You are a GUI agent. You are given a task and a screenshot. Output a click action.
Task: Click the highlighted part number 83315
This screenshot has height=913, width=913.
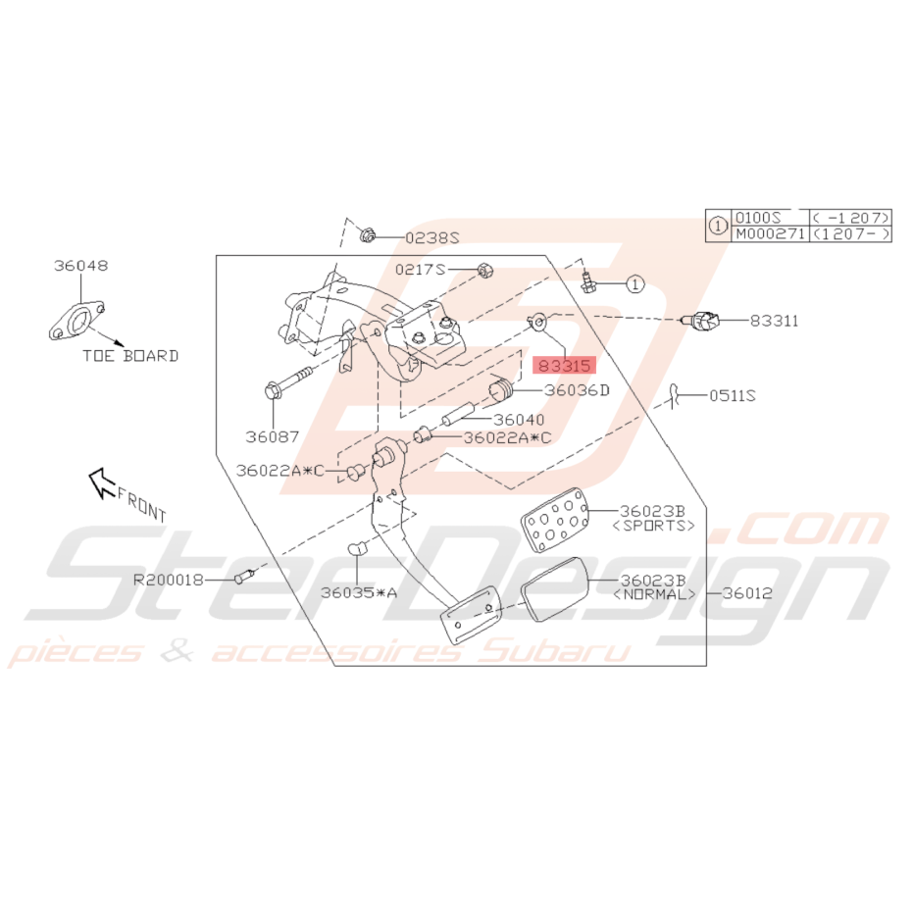pos(564,366)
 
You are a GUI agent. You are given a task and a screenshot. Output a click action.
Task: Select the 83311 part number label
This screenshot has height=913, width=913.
pos(774,321)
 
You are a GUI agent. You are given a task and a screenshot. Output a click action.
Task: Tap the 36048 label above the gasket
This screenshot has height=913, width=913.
pos(81,266)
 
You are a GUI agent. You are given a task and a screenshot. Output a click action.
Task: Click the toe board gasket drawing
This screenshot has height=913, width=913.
pos(76,321)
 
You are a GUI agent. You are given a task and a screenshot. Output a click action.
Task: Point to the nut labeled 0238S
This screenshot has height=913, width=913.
pos(367,235)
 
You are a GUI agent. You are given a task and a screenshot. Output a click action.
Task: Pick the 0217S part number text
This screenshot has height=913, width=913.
pos(420,270)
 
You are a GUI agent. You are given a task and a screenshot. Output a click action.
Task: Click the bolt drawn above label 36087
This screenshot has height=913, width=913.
pos(288,380)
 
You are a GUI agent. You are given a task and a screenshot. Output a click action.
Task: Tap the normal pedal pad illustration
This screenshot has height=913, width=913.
pos(554,588)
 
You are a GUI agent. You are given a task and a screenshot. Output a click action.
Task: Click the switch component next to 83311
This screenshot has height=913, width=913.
pos(700,321)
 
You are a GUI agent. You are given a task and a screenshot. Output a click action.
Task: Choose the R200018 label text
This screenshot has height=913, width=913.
pos(169,580)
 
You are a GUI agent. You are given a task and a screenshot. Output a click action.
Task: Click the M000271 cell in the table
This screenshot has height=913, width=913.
pos(770,234)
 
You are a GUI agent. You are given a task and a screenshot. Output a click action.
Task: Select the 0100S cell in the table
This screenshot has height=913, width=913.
pos(757,218)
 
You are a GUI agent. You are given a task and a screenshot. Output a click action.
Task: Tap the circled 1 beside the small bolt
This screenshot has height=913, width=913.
pos(635,284)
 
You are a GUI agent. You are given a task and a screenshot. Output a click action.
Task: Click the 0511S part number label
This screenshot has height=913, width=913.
pos(733,396)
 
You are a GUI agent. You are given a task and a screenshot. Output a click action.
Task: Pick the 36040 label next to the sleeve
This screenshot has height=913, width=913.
pos(519,420)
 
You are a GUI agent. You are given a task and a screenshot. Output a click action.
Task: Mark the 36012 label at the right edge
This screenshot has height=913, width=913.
pos(747,593)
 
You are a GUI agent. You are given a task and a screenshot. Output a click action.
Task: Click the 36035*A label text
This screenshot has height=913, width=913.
pos(359,592)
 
